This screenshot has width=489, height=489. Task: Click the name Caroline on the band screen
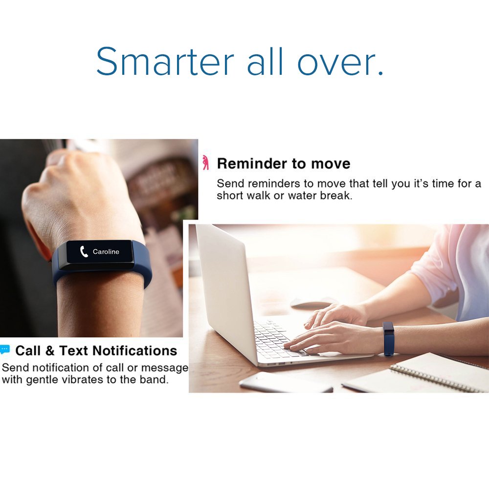106,252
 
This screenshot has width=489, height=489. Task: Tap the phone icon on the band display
84,252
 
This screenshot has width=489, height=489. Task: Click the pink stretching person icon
206,163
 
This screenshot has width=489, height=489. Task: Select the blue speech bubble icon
5,350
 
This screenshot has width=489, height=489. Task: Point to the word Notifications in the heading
134,351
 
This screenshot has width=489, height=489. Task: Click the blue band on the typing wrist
389,338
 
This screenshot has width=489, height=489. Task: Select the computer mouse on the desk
313,303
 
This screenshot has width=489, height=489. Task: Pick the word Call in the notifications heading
27,351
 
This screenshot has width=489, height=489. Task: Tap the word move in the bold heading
333,163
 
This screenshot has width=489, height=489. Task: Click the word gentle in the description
42,379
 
